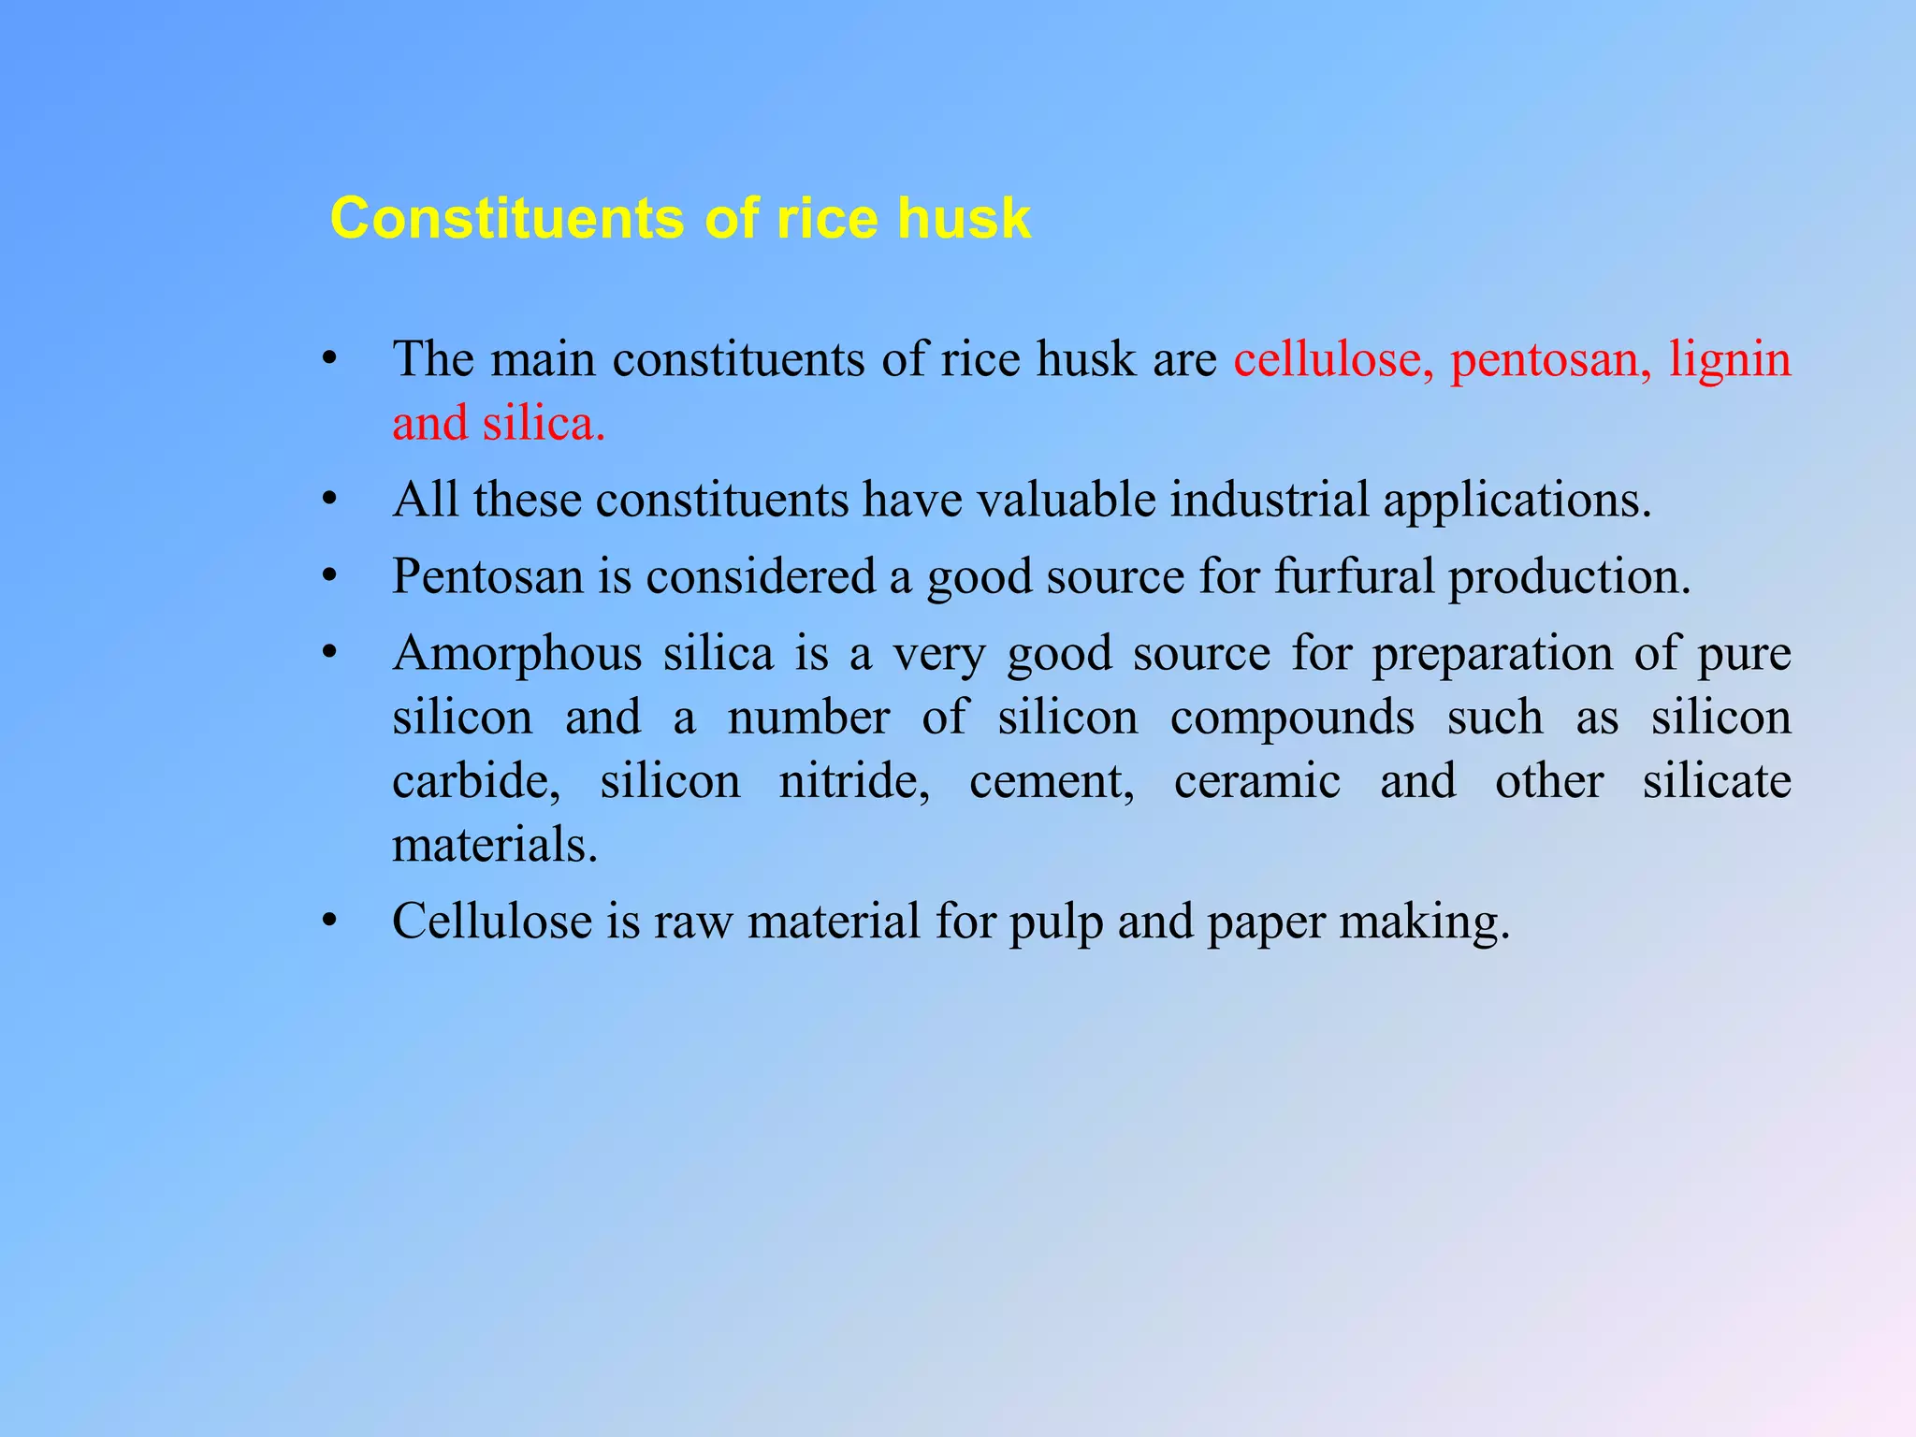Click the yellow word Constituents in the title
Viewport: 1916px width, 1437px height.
pos(508,219)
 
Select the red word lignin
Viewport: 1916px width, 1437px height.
pos(1730,359)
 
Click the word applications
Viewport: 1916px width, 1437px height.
pos(1517,500)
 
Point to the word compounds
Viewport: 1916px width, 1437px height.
pos(1292,718)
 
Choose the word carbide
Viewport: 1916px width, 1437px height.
pos(476,781)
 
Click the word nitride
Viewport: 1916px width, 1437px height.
pos(854,781)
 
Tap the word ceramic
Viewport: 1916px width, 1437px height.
pos(1256,781)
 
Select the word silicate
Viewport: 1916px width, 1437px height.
pos(1717,781)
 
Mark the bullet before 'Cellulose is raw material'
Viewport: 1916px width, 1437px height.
pos(328,922)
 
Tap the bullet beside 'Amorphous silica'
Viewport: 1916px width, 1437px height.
pos(328,653)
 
